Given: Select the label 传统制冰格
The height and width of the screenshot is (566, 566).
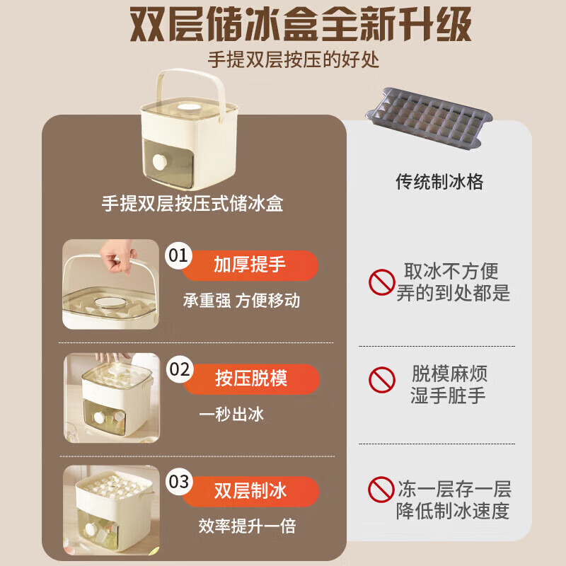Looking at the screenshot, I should click(x=439, y=182).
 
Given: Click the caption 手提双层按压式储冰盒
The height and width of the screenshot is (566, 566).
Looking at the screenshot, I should click(x=192, y=204).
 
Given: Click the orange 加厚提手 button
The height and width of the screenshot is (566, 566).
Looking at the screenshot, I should click(x=250, y=265).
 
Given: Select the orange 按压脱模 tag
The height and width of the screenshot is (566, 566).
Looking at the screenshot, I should click(x=250, y=378).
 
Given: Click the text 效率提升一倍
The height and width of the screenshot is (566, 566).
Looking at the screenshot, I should click(x=247, y=526).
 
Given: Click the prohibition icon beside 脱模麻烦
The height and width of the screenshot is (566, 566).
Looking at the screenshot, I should click(x=381, y=381).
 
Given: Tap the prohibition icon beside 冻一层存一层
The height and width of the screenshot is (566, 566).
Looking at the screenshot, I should click(x=381, y=489).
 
